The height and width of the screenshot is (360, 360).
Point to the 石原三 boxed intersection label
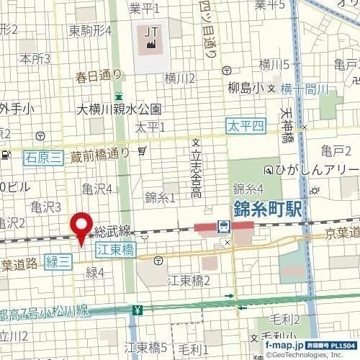[42, 156]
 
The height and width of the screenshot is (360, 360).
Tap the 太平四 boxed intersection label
[244, 126]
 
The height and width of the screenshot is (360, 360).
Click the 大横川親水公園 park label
[120, 110]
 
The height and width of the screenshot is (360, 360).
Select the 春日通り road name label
[99, 74]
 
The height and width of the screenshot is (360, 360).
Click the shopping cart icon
[143, 150]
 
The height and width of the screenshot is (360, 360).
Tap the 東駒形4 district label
[90, 31]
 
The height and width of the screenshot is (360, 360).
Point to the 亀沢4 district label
[96, 189]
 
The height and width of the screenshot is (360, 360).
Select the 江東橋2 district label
[188, 279]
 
